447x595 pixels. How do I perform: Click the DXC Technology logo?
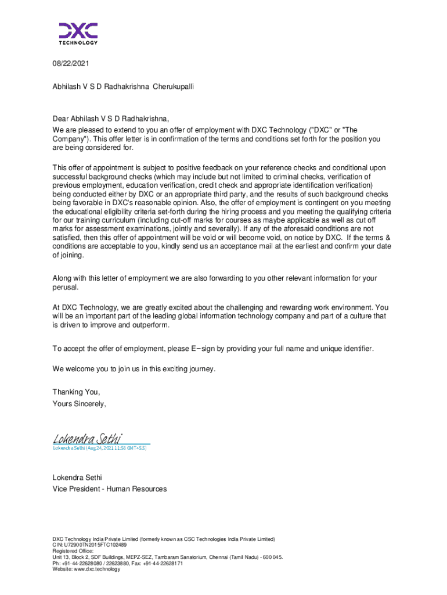(78, 33)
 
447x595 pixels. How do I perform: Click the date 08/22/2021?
(71, 63)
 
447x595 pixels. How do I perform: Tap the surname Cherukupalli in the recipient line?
(173, 86)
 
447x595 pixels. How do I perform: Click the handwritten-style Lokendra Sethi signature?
(86, 438)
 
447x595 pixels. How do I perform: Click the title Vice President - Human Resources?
(109, 489)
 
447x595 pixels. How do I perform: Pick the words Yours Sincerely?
(80, 404)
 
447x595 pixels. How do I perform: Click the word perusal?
(65, 288)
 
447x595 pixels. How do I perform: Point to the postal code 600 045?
(269, 557)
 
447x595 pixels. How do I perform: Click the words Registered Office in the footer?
(73, 551)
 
